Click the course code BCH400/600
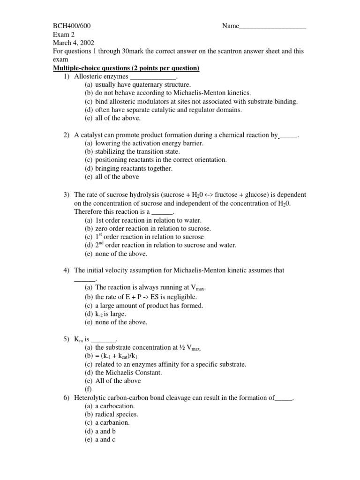tap(71, 26)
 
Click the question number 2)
tap(67, 135)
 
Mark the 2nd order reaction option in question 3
tap(161, 245)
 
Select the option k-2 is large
tap(111, 314)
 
